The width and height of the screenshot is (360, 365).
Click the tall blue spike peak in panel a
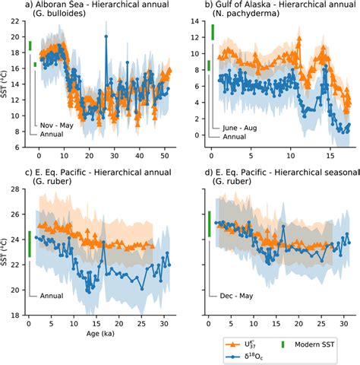click(106, 36)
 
